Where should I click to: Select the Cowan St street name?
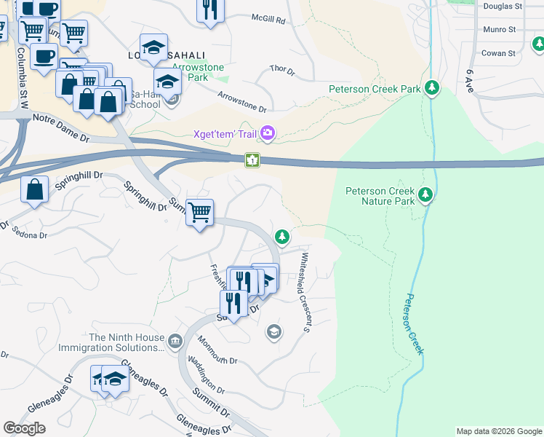[x=499, y=53]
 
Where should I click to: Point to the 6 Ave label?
[x=471, y=78]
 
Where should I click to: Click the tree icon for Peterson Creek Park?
[x=433, y=88]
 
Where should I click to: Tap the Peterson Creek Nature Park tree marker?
[x=425, y=195]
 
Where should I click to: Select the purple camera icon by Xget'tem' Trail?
[x=268, y=133]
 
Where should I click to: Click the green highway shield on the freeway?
[x=252, y=159]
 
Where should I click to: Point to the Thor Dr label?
[x=281, y=71]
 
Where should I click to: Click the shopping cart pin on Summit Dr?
[x=199, y=213]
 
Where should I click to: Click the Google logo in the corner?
[x=24, y=428]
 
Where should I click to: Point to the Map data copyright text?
[x=498, y=431]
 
